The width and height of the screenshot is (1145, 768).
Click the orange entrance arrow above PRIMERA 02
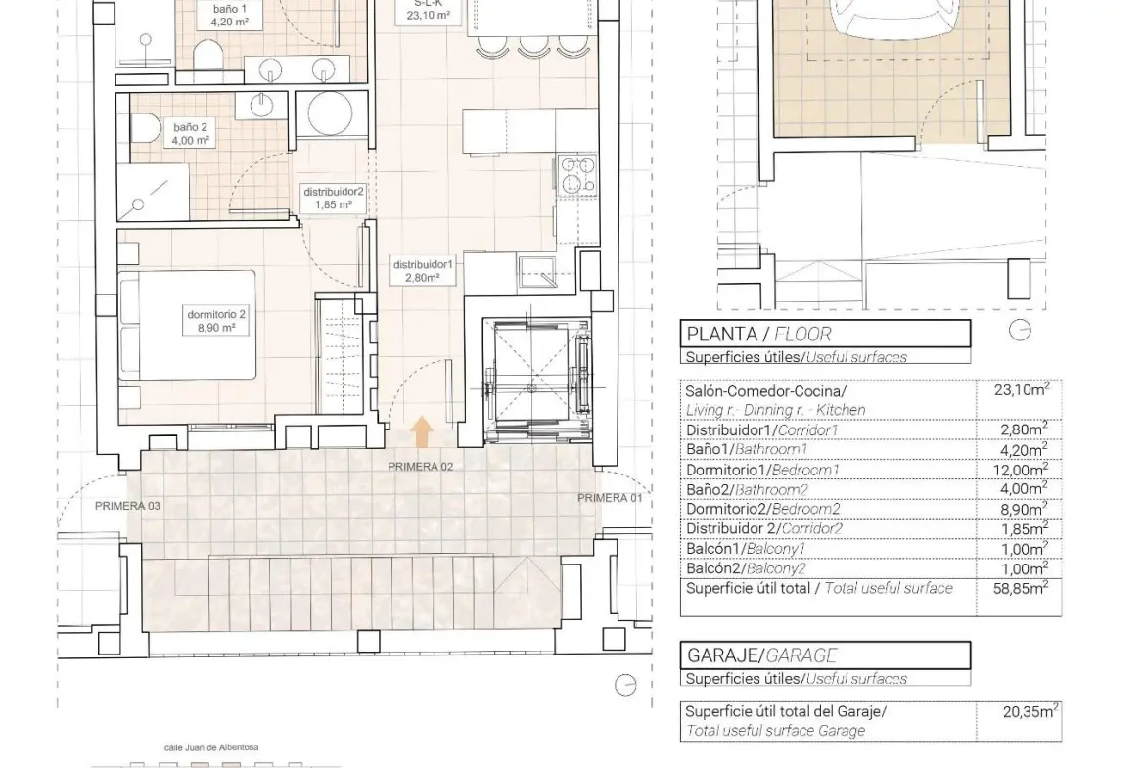[422, 431]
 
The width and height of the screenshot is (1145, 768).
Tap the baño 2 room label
[191, 134]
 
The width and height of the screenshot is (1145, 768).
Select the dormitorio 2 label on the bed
[216, 321]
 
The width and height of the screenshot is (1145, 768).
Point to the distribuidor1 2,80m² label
[424, 271]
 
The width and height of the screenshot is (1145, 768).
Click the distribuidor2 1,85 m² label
[334, 198]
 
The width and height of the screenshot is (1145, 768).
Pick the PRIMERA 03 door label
[128, 506]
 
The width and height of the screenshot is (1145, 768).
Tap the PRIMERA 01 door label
[610, 498]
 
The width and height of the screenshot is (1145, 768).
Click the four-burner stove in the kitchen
[577, 174]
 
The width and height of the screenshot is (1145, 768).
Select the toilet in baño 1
[207, 54]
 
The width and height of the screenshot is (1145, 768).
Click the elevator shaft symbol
[537, 380]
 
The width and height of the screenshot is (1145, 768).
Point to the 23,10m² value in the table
[1022, 389]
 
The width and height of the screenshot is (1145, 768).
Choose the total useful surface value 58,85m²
[1020, 588]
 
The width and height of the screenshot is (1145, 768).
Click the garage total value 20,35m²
[1030, 711]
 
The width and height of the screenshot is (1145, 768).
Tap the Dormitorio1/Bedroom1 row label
[762, 470]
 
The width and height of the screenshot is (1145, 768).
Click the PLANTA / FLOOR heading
[758, 335]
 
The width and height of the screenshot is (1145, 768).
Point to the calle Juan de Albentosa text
[211, 747]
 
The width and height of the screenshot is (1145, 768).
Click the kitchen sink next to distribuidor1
[537, 269]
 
